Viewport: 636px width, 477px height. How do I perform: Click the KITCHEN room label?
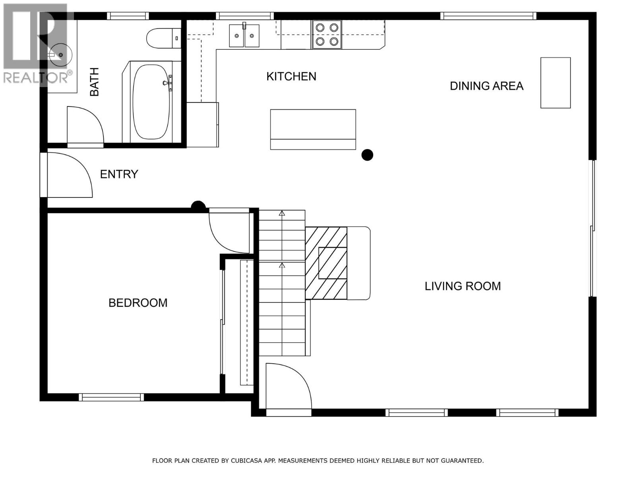coord(291,76)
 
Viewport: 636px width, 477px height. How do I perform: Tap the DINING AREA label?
coord(486,86)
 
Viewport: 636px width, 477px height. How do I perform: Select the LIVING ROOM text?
coord(462,286)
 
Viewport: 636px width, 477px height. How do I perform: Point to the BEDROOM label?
coord(138,303)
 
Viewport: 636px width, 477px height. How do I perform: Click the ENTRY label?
coord(119,174)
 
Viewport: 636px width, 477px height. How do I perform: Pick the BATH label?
coord(94,82)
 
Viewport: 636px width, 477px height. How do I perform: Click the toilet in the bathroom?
coord(163,39)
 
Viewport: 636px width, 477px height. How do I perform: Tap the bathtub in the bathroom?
coord(151,102)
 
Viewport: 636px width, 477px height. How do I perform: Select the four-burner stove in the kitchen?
coord(327,35)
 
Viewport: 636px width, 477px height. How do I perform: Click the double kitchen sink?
coord(244,36)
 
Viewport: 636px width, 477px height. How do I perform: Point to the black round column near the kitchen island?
coord(367,155)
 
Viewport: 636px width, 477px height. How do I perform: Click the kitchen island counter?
coord(313,129)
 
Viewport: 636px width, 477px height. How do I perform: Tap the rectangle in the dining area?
coord(555,83)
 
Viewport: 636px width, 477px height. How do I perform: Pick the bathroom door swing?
coord(85,125)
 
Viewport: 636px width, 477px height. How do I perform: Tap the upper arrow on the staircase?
coord(282,213)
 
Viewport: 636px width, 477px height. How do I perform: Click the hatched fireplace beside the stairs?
coord(326,263)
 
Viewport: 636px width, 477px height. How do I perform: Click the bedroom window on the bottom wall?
coord(111,397)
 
